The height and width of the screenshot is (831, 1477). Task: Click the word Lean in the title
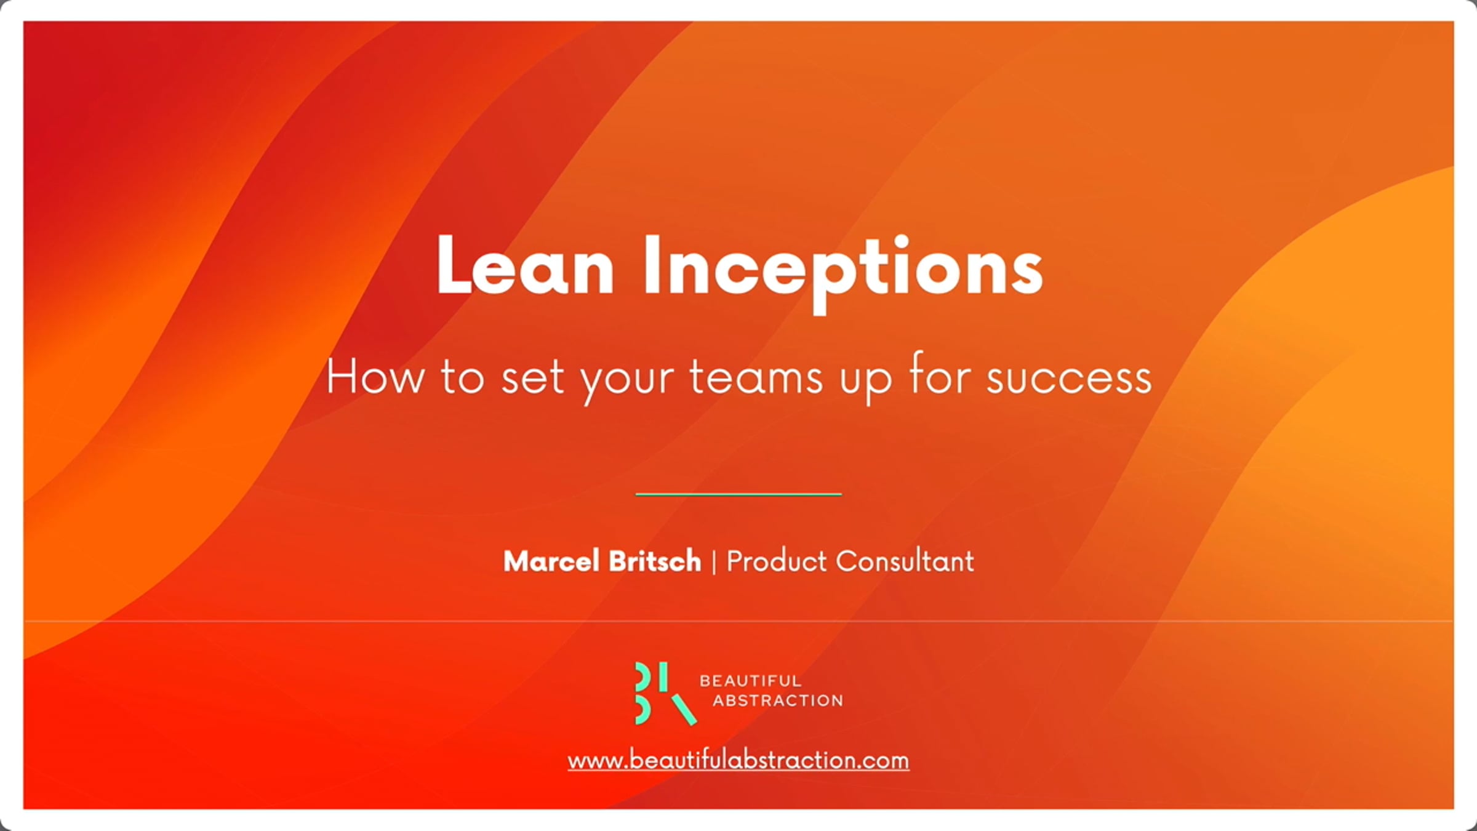[525, 266]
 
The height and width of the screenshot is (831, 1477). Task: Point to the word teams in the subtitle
[756, 377]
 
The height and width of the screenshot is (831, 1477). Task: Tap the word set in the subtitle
[533, 377]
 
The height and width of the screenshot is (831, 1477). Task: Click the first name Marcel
[551, 561]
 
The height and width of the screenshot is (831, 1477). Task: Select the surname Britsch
[655, 561]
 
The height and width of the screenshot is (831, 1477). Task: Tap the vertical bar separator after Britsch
[714, 562]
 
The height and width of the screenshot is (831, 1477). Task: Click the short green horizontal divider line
[738, 494]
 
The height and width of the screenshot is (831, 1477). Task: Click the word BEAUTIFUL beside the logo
[750, 681]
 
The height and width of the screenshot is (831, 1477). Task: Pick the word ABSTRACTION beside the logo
[778, 701]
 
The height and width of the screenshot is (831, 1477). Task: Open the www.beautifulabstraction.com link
[738, 761]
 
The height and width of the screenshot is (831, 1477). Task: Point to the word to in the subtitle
[462, 377]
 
